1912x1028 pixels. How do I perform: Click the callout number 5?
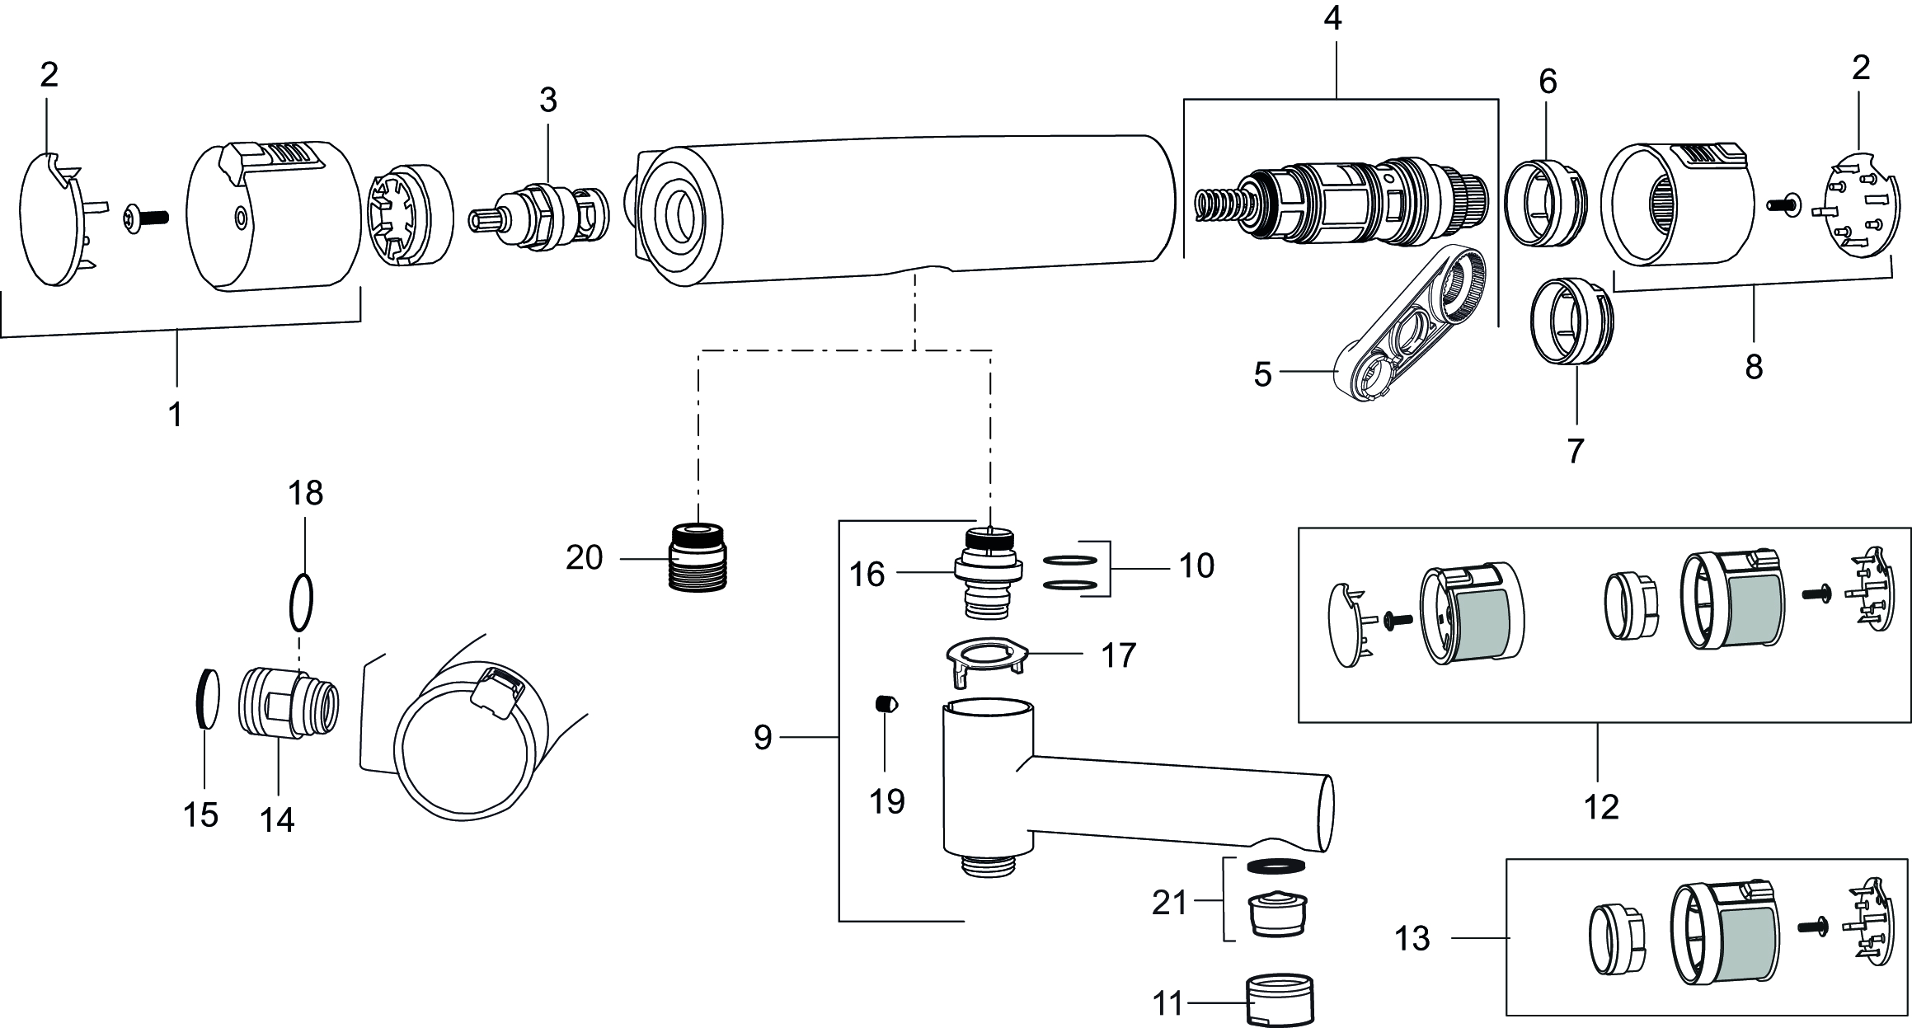1262,376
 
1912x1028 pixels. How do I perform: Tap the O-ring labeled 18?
302,602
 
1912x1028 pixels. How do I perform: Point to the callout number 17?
1118,656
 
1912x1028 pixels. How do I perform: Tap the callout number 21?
1169,904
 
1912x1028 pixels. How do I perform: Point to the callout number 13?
1412,938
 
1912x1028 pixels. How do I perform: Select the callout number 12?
1600,807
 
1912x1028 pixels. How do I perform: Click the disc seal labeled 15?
209,699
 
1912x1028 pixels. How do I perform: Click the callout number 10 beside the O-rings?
1196,566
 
